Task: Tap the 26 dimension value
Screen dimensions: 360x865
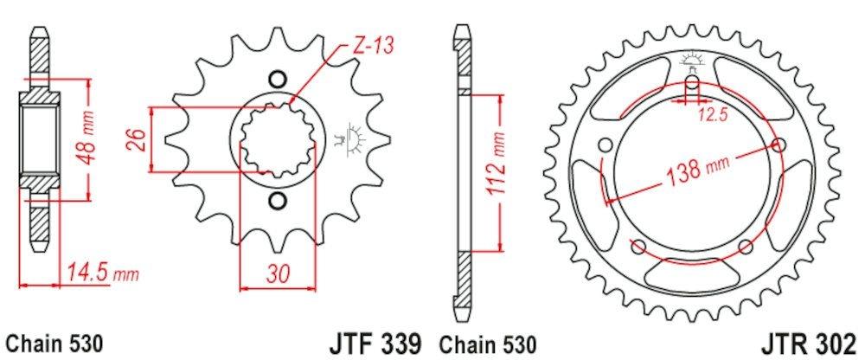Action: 135,140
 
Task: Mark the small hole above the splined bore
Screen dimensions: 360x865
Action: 277,78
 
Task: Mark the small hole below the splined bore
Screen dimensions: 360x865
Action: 277,202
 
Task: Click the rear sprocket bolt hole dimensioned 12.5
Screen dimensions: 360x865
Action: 691,85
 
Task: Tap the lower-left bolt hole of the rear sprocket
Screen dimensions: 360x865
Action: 638,247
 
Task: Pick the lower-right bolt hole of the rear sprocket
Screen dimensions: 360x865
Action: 744,247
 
